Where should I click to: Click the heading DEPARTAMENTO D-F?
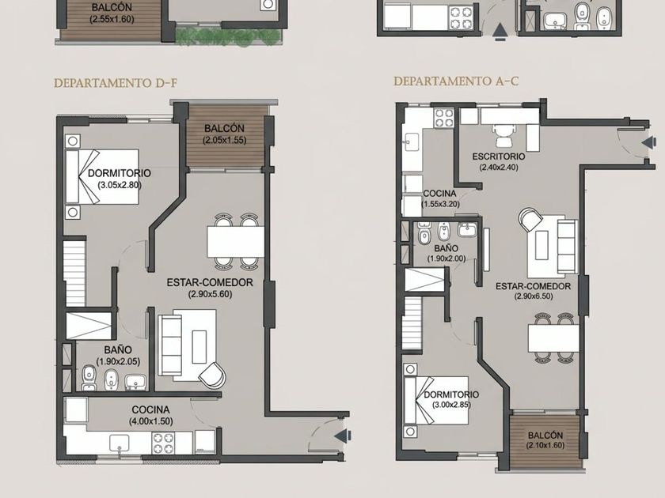[116, 82]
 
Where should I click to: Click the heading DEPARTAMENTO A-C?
[456, 81]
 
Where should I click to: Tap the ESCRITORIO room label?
[499, 157]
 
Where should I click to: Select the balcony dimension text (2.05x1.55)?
[224, 140]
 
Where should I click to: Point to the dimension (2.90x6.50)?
[534, 296]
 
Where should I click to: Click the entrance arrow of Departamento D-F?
[343, 436]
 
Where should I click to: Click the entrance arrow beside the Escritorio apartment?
[649, 143]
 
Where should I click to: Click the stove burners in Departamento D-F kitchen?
[163, 443]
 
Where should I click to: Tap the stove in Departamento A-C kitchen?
[444, 118]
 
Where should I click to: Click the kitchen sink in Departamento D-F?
[120, 443]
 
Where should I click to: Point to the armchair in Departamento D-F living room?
[213, 375]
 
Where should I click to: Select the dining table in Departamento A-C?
[553, 338]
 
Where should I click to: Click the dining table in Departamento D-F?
[235, 242]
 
